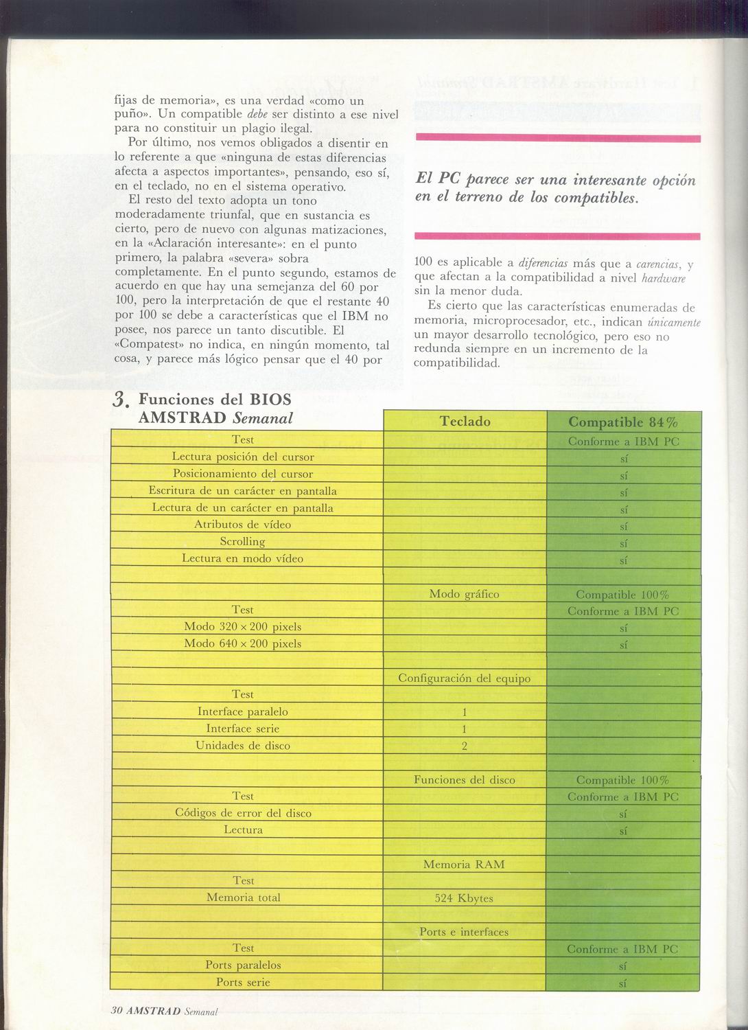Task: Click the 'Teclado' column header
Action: (x=465, y=422)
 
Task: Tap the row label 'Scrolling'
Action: (x=242, y=542)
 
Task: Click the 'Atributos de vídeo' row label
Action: (x=242, y=525)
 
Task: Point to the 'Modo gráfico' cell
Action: (x=464, y=594)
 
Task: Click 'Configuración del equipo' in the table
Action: (x=464, y=678)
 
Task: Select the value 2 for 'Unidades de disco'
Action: (x=465, y=746)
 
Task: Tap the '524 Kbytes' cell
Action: (x=464, y=898)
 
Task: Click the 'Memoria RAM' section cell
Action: (x=464, y=865)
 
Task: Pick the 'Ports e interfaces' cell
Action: (x=464, y=932)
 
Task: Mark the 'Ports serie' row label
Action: (x=243, y=983)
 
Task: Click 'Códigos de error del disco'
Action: (x=243, y=813)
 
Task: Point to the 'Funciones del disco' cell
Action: (x=464, y=780)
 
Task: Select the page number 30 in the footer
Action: (x=117, y=1011)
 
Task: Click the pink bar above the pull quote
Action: (x=557, y=138)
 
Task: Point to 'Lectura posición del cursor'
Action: (x=243, y=457)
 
